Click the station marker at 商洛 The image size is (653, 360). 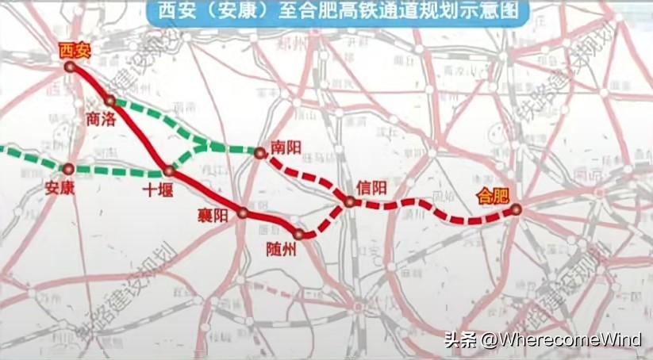click(110, 101)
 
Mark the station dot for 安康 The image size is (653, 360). click(68, 168)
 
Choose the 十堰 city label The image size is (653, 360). click(156, 190)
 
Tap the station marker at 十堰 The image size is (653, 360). click(168, 170)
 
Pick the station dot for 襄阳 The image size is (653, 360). click(242, 213)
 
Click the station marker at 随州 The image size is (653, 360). click(299, 234)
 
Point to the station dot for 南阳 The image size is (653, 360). click(259, 151)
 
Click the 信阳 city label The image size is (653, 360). click(371, 187)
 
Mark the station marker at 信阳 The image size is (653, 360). click(349, 202)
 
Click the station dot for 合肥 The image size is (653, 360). click(516, 209)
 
